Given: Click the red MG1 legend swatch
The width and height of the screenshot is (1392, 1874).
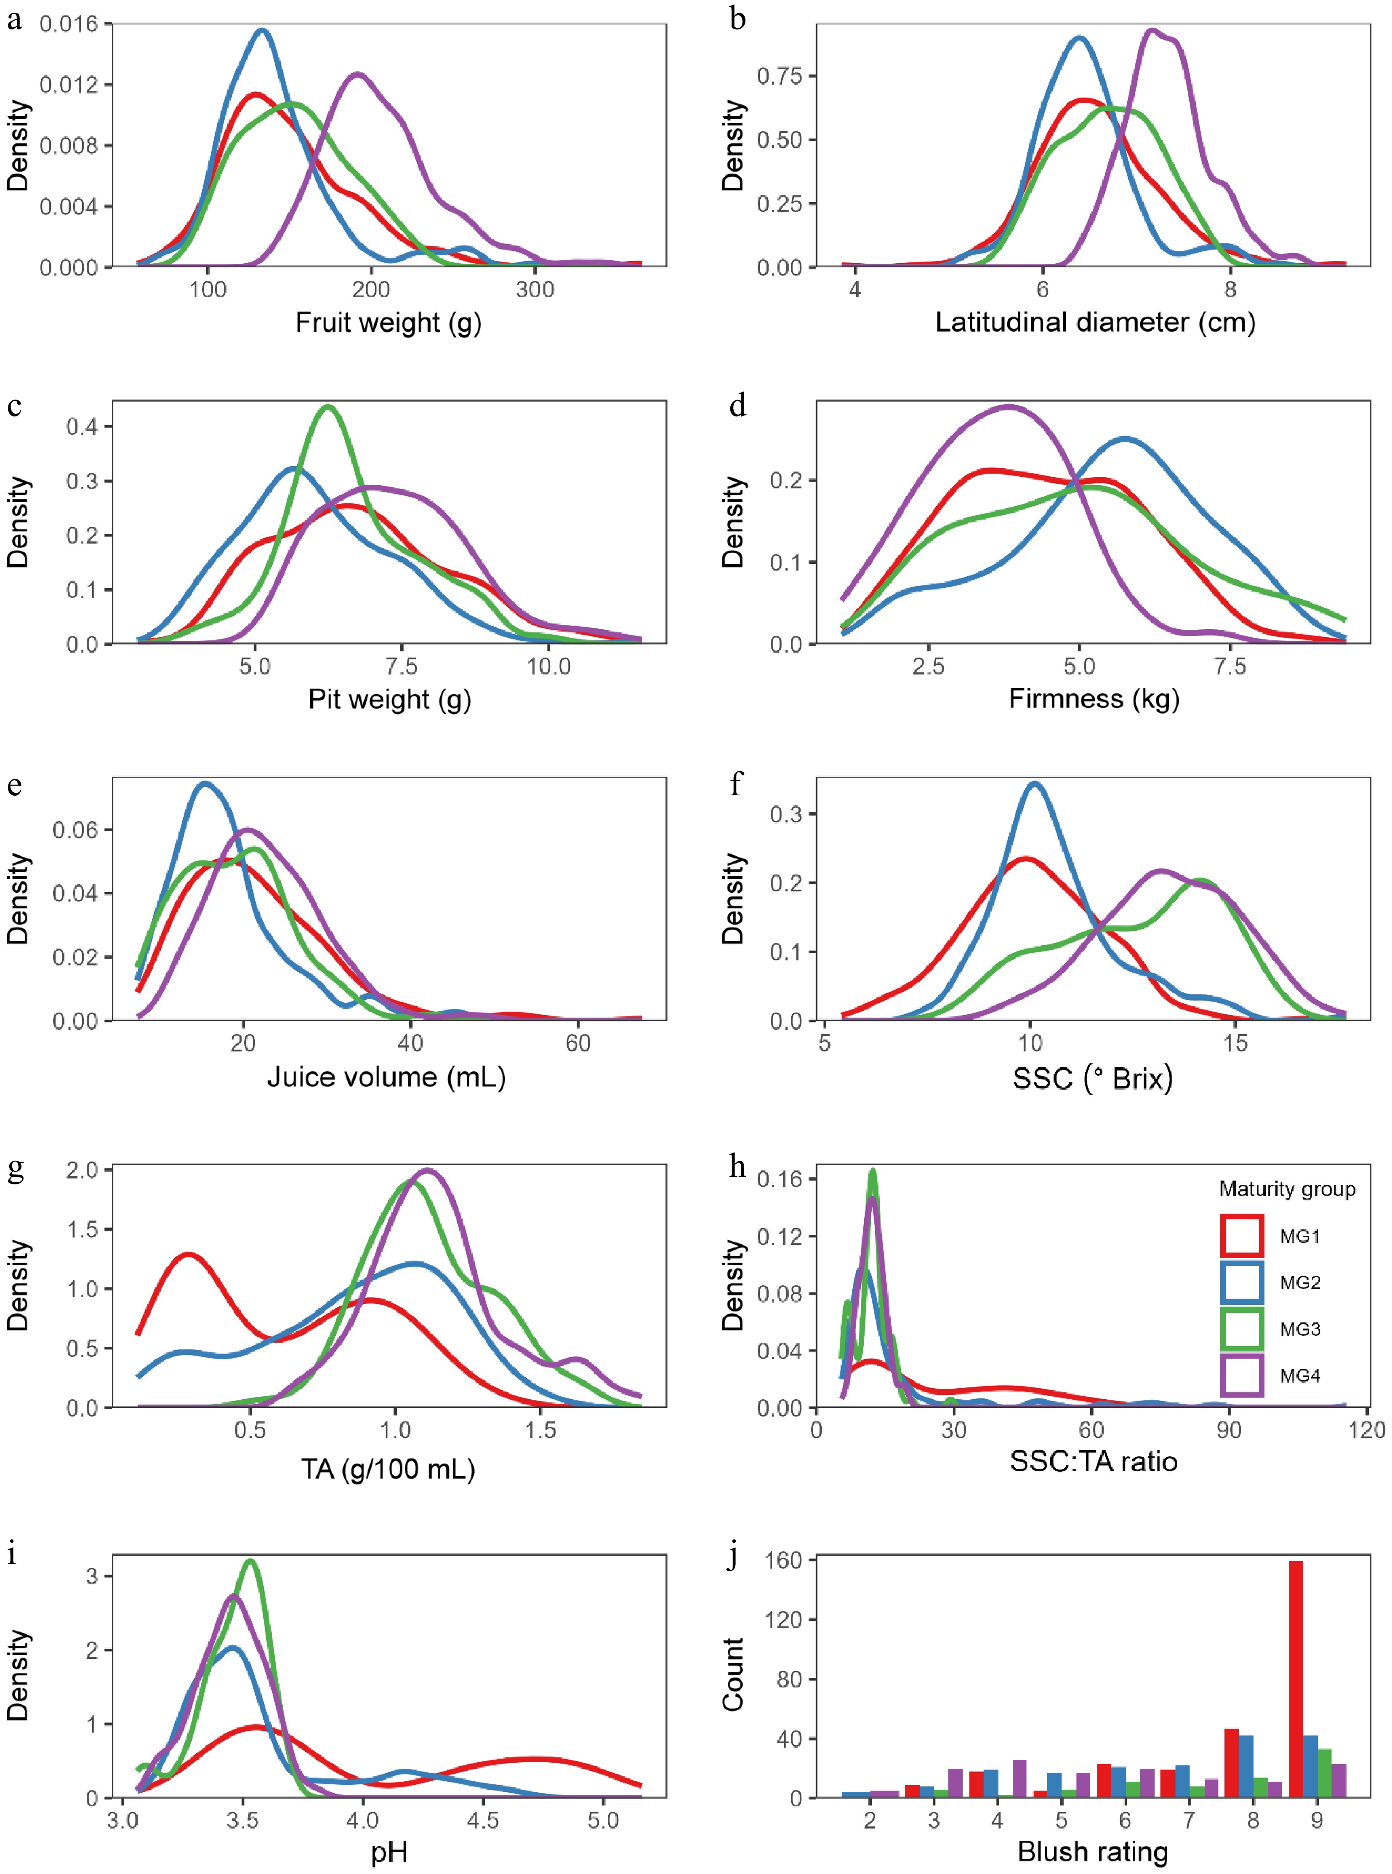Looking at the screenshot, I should [1241, 1236].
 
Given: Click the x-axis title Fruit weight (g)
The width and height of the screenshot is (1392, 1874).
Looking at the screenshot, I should [389, 323].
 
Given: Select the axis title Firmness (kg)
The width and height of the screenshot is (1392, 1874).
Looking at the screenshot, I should [1094, 698].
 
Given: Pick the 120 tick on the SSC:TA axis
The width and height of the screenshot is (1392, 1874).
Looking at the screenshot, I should [1367, 1429].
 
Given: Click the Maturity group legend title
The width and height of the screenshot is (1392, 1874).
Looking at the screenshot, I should [1287, 1189].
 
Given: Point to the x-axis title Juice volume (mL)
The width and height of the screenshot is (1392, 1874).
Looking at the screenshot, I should [387, 1077].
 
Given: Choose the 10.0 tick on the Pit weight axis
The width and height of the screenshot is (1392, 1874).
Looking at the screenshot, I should [548, 666].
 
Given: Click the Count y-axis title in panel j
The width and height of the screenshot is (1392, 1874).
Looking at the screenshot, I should [733, 1674].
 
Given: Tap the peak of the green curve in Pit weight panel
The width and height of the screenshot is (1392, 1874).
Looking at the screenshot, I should [327, 407].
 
